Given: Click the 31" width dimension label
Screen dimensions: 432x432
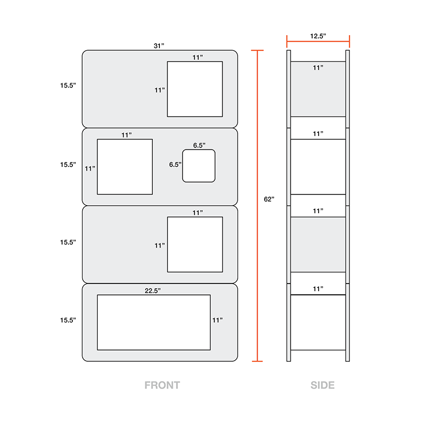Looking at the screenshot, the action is click(159, 46).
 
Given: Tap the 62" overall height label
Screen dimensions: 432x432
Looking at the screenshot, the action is click(269, 199).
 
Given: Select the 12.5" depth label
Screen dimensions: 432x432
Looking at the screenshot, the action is click(318, 36).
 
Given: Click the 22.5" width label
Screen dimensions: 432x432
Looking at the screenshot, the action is click(153, 291).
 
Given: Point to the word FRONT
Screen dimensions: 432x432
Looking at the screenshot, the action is click(163, 385).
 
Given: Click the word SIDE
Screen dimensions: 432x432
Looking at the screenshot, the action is click(322, 385).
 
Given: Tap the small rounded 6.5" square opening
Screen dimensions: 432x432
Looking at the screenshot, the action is click(199, 166).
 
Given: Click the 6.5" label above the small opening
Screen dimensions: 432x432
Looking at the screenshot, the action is click(199, 145).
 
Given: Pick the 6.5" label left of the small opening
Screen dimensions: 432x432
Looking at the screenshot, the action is click(175, 165).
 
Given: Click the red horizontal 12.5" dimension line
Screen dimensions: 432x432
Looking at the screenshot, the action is click(318, 42).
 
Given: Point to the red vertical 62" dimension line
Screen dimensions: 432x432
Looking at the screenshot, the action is click(258, 206).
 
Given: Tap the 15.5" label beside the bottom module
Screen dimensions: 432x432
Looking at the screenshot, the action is click(68, 320).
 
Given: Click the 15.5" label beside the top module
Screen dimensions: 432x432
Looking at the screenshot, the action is click(68, 85).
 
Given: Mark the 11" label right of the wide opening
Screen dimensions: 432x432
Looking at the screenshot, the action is click(218, 320).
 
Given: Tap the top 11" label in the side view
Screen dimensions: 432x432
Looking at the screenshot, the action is click(318, 68).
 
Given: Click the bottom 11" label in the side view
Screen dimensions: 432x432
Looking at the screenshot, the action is click(318, 289).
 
